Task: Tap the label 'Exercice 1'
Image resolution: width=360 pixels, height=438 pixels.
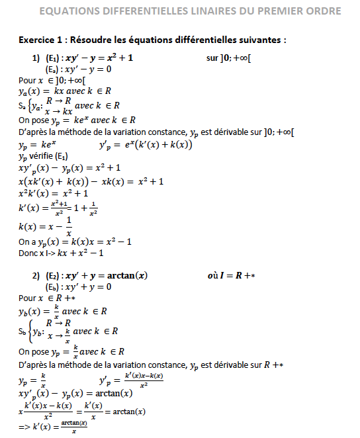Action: (x=41, y=40)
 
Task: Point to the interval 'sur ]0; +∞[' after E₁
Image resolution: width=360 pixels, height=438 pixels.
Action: (x=228, y=58)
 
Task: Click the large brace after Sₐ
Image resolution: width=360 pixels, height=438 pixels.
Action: (x=29, y=105)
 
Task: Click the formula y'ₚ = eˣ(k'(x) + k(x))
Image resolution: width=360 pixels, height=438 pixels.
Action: (x=145, y=145)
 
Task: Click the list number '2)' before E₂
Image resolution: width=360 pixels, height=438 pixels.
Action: (x=36, y=275)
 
